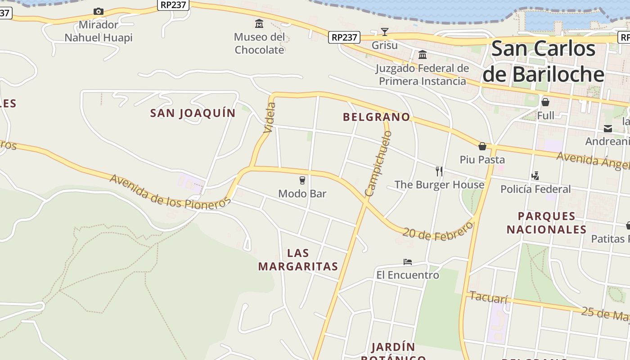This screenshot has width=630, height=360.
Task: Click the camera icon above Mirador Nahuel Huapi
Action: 98,12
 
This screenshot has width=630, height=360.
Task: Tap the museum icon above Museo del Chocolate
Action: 259,23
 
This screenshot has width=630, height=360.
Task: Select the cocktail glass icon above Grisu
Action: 384,31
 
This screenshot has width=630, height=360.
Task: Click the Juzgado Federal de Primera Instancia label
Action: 422,75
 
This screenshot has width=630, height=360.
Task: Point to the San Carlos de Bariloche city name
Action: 543,61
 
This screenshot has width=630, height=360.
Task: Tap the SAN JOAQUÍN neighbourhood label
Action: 193,113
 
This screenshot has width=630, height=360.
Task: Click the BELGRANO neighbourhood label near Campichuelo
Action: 376,117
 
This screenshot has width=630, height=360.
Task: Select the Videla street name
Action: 270,117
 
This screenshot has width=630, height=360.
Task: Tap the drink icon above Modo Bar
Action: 302,180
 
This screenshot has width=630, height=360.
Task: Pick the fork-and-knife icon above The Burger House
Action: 439,171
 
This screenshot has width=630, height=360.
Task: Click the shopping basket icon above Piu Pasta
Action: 482,146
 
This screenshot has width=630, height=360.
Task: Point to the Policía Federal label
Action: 535,189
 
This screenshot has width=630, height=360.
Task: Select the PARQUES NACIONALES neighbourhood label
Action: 546,223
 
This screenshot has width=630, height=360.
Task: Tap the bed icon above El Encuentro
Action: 407,261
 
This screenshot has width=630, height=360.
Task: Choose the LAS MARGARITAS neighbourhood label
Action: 298,259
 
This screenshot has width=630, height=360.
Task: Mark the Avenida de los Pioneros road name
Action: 170,192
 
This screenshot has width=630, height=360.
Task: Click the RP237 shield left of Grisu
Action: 344,37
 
